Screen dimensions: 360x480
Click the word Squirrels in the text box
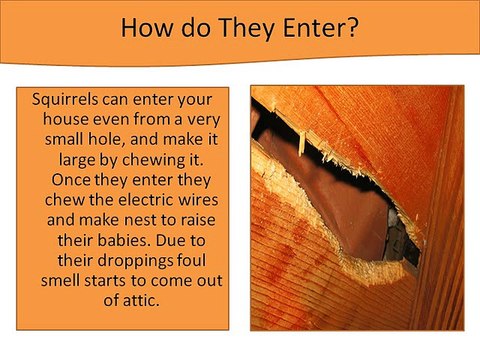(x=70, y=100)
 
